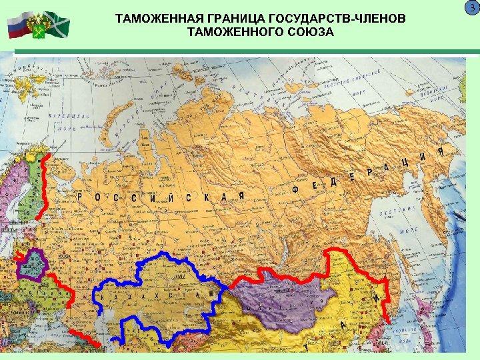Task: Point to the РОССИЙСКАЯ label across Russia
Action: (x=160, y=197)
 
